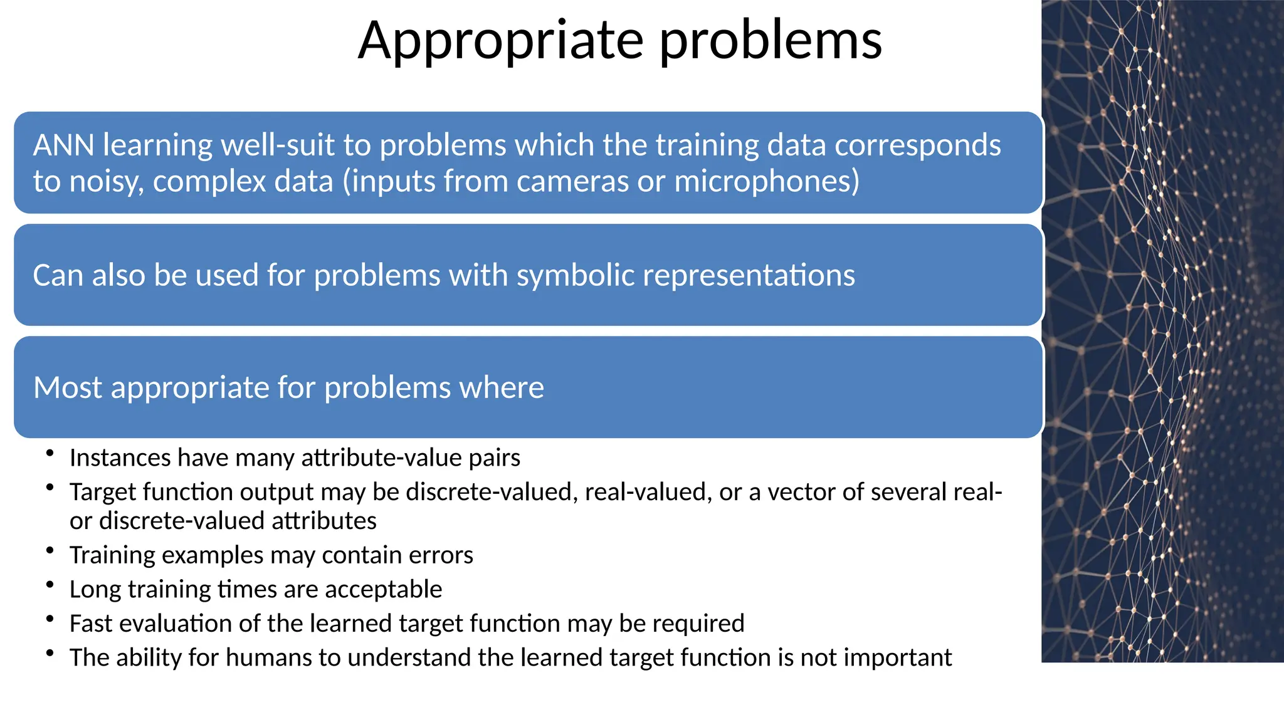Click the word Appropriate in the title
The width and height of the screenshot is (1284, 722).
[x=500, y=41]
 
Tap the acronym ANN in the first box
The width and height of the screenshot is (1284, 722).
[x=63, y=145]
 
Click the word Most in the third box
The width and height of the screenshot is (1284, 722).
[x=68, y=388]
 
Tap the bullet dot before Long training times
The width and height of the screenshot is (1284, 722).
[x=50, y=584]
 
